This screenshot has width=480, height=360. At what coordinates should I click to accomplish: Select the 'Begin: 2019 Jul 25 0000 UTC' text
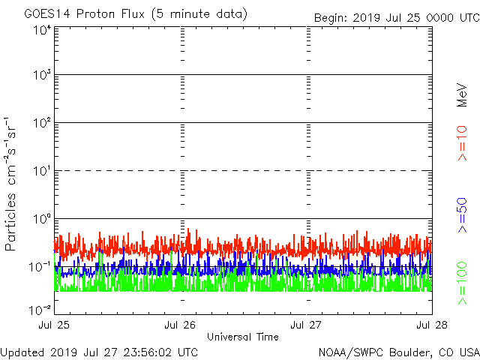click(x=394, y=17)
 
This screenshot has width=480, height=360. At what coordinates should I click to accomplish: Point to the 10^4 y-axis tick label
click(x=42, y=30)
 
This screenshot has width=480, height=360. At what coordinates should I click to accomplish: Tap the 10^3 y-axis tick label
click(x=42, y=76)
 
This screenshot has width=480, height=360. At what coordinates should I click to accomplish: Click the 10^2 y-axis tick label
click(x=42, y=123)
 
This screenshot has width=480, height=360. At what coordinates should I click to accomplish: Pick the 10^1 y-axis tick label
click(x=42, y=171)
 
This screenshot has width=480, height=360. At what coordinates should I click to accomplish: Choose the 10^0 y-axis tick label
click(x=42, y=219)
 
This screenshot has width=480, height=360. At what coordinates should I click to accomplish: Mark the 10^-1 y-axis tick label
click(x=40, y=266)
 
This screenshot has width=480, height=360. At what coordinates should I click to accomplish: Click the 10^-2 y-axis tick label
click(x=40, y=310)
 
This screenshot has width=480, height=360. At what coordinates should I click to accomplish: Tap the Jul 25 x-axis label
click(x=55, y=325)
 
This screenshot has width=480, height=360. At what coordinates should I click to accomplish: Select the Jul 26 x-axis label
click(x=181, y=325)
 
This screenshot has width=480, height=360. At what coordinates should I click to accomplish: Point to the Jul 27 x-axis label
click(x=307, y=325)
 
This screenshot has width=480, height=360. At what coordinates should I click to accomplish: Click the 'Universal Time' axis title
click(x=242, y=337)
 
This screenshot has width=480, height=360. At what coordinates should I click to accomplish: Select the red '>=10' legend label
click(x=463, y=143)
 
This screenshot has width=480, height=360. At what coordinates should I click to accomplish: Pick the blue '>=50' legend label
click(x=463, y=215)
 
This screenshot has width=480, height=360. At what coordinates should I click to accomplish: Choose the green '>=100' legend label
click(x=463, y=283)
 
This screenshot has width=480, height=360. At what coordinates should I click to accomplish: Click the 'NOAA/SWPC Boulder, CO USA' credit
click(x=399, y=352)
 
